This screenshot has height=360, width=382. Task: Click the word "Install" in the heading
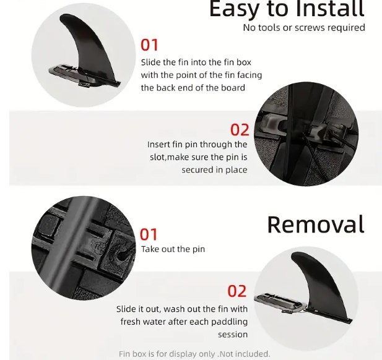pos(330,9)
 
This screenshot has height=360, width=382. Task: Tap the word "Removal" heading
pos(316,225)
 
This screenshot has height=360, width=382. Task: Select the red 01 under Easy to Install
pos(149,45)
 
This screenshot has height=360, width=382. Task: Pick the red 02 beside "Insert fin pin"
pos(240,130)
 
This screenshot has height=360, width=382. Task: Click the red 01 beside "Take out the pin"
pos(149,234)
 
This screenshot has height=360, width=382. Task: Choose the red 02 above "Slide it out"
pos(237,291)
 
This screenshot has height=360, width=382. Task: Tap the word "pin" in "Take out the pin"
pos(199,249)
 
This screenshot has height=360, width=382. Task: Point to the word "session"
pos(233,335)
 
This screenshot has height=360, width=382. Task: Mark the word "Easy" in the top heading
pos(233,10)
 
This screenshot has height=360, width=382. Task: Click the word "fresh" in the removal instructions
pos(131,322)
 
